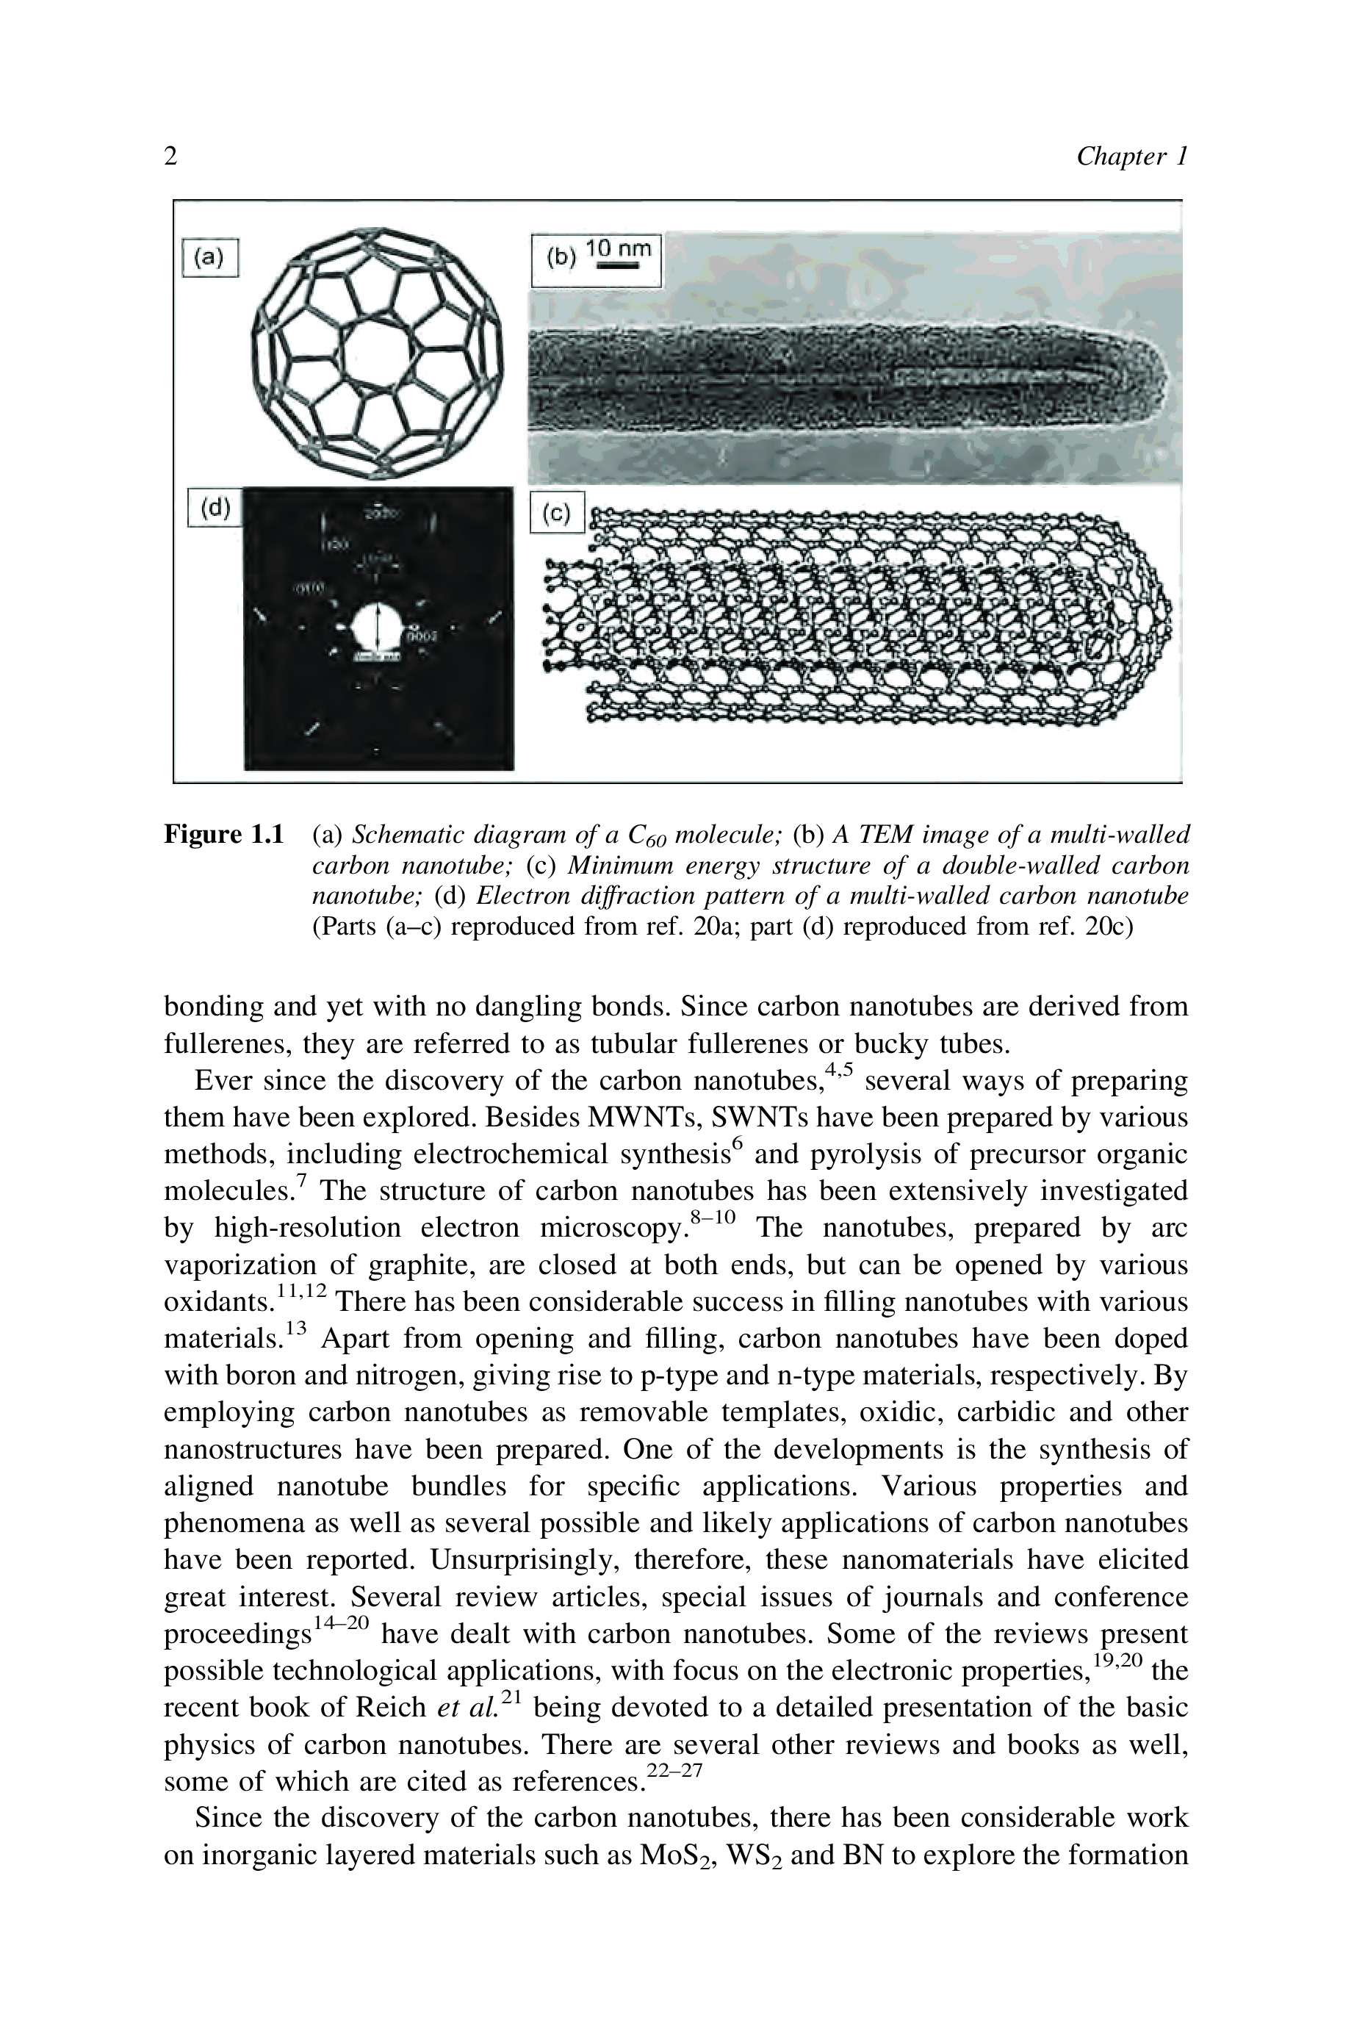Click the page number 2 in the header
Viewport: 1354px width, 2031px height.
171,157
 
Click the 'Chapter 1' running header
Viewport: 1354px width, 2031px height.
1131,157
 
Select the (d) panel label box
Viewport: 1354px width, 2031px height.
215,508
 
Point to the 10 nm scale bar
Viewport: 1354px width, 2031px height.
619,267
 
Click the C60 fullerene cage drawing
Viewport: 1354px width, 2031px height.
378,351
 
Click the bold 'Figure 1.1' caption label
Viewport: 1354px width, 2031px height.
223,835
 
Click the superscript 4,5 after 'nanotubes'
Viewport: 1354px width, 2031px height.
838,1071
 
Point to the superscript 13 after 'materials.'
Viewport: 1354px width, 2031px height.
295,1330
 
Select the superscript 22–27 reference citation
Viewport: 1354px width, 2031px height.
675,1770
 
